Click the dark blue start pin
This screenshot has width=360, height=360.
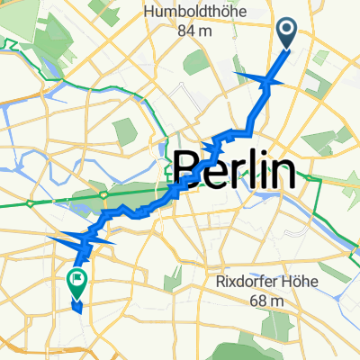coord(288,34)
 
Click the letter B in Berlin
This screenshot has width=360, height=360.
coord(186,169)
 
